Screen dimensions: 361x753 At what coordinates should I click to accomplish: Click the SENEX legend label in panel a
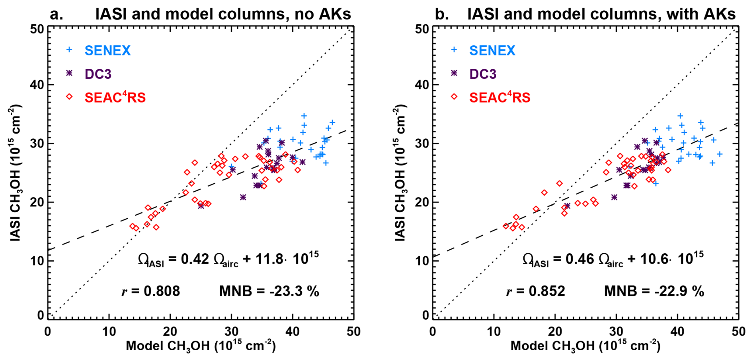(107, 50)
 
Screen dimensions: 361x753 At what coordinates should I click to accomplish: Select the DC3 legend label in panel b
(483, 74)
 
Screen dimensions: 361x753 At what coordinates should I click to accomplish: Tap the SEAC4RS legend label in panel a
(115, 97)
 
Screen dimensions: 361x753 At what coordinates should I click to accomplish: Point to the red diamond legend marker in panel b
(454, 97)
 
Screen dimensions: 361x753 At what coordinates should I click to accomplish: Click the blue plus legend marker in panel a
(69, 50)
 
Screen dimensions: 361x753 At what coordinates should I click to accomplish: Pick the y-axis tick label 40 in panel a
(37, 85)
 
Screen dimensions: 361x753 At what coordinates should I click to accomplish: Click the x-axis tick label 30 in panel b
(616, 332)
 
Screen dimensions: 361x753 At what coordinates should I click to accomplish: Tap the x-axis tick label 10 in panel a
(109, 332)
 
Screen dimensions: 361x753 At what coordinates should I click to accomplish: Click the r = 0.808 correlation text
(150, 291)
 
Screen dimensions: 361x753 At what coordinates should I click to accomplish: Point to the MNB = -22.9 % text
(654, 291)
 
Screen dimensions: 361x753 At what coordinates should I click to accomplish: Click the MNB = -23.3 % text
(269, 291)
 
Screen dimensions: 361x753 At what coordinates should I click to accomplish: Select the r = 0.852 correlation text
(535, 291)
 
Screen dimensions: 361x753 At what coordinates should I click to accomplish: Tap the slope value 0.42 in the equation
(195, 259)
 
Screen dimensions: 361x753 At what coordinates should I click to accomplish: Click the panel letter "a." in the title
(57, 14)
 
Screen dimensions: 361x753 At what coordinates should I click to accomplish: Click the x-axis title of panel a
(201, 345)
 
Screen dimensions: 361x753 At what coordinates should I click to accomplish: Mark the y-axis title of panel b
(400, 173)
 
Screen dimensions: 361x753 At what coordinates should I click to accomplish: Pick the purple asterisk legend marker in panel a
(69, 74)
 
